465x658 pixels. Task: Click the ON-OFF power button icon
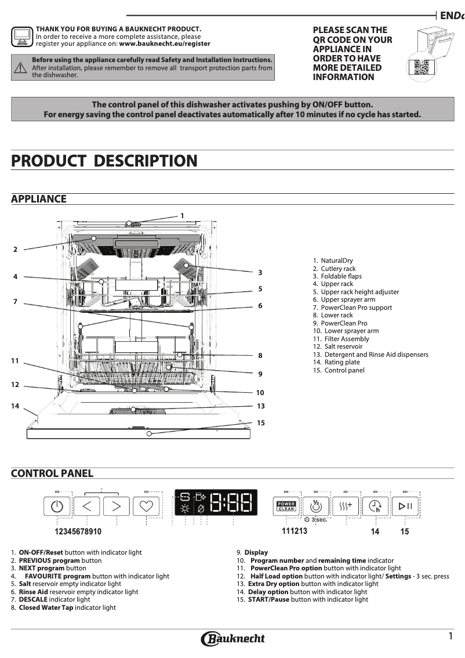click(x=57, y=507)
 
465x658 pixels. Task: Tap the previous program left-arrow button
click(x=87, y=507)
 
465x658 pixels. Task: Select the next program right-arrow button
click(x=117, y=507)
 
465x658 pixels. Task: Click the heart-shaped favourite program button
click(x=146, y=507)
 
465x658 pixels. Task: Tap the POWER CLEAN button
click(x=286, y=507)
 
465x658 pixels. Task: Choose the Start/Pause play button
click(x=405, y=507)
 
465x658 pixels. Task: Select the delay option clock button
click(x=375, y=507)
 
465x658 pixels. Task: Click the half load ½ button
click(x=316, y=507)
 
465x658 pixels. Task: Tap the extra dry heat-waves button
click(x=346, y=507)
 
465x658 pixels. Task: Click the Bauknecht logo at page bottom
click(x=232, y=639)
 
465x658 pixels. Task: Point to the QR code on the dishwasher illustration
click(x=422, y=67)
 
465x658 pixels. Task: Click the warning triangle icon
click(x=20, y=67)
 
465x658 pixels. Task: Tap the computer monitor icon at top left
click(x=22, y=36)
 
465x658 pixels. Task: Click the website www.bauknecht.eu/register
click(x=165, y=44)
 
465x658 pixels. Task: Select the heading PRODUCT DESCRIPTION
click(x=104, y=161)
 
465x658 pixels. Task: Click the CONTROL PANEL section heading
click(x=52, y=473)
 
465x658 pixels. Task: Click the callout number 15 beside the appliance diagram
click(x=261, y=423)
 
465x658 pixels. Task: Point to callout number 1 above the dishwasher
click(x=182, y=215)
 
